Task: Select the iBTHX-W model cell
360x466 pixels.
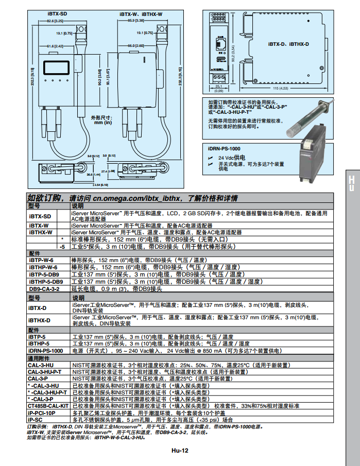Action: [x=41, y=232]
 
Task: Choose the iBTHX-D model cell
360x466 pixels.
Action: [x=40, y=320]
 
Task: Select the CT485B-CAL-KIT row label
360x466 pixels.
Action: [x=47, y=406]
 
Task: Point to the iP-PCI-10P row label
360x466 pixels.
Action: [x=41, y=413]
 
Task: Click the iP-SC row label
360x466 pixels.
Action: [x=36, y=420]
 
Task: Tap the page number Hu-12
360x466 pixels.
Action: [x=181, y=450]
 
